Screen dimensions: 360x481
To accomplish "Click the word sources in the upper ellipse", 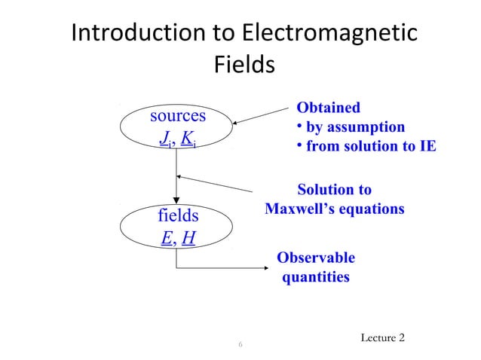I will [178, 116].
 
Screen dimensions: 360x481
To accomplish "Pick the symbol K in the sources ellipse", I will [186, 139].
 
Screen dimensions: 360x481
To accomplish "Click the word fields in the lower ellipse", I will [178, 216].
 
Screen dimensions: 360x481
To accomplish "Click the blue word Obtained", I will [328, 108].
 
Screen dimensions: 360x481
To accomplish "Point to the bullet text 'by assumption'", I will [354, 127].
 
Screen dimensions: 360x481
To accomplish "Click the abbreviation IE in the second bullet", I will [426, 146].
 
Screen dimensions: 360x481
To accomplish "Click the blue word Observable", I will [316, 258].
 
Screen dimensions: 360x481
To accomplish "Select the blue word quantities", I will [316, 277].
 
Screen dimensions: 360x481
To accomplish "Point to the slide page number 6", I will [240, 345].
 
